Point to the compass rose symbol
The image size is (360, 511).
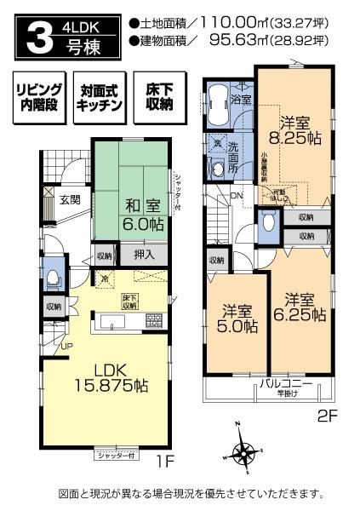245,454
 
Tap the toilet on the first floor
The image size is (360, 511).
52,277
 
